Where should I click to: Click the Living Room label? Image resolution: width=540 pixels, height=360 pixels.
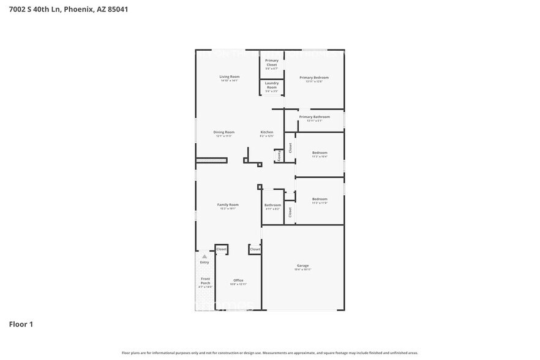[x=229, y=77]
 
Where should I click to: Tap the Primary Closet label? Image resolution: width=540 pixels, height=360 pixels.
[x=271, y=62]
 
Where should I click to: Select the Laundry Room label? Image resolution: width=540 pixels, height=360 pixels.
[x=271, y=86]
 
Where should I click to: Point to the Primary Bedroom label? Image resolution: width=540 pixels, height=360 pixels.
[x=313, y=78]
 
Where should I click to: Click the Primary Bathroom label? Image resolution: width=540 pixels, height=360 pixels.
[x=314, y=116]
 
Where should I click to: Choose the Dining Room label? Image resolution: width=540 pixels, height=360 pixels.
[x=223, y=132]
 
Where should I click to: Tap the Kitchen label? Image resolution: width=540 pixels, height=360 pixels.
[x=266, y=132]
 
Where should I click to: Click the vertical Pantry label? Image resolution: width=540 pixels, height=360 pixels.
[x=280, y=156]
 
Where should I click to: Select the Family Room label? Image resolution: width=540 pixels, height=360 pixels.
[x=228, y=204]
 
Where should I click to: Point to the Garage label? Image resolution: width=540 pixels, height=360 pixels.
[x=302, y=266]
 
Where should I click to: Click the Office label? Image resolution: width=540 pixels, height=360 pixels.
[x=238, y=280]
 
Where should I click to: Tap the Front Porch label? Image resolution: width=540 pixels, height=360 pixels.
[x=206, y=281]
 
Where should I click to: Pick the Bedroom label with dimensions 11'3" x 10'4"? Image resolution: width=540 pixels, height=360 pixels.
[x=320, y=152]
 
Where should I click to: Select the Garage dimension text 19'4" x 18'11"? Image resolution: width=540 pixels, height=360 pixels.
[x=302, y=270]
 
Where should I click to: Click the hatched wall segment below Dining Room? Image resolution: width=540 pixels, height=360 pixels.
[x=211, y=160]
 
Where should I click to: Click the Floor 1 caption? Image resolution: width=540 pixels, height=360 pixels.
[x=21, y=324]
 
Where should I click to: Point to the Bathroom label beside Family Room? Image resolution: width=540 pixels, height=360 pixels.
[x=272, y=205]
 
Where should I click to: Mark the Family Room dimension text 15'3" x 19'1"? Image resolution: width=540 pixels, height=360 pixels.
[x=228, y=209]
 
